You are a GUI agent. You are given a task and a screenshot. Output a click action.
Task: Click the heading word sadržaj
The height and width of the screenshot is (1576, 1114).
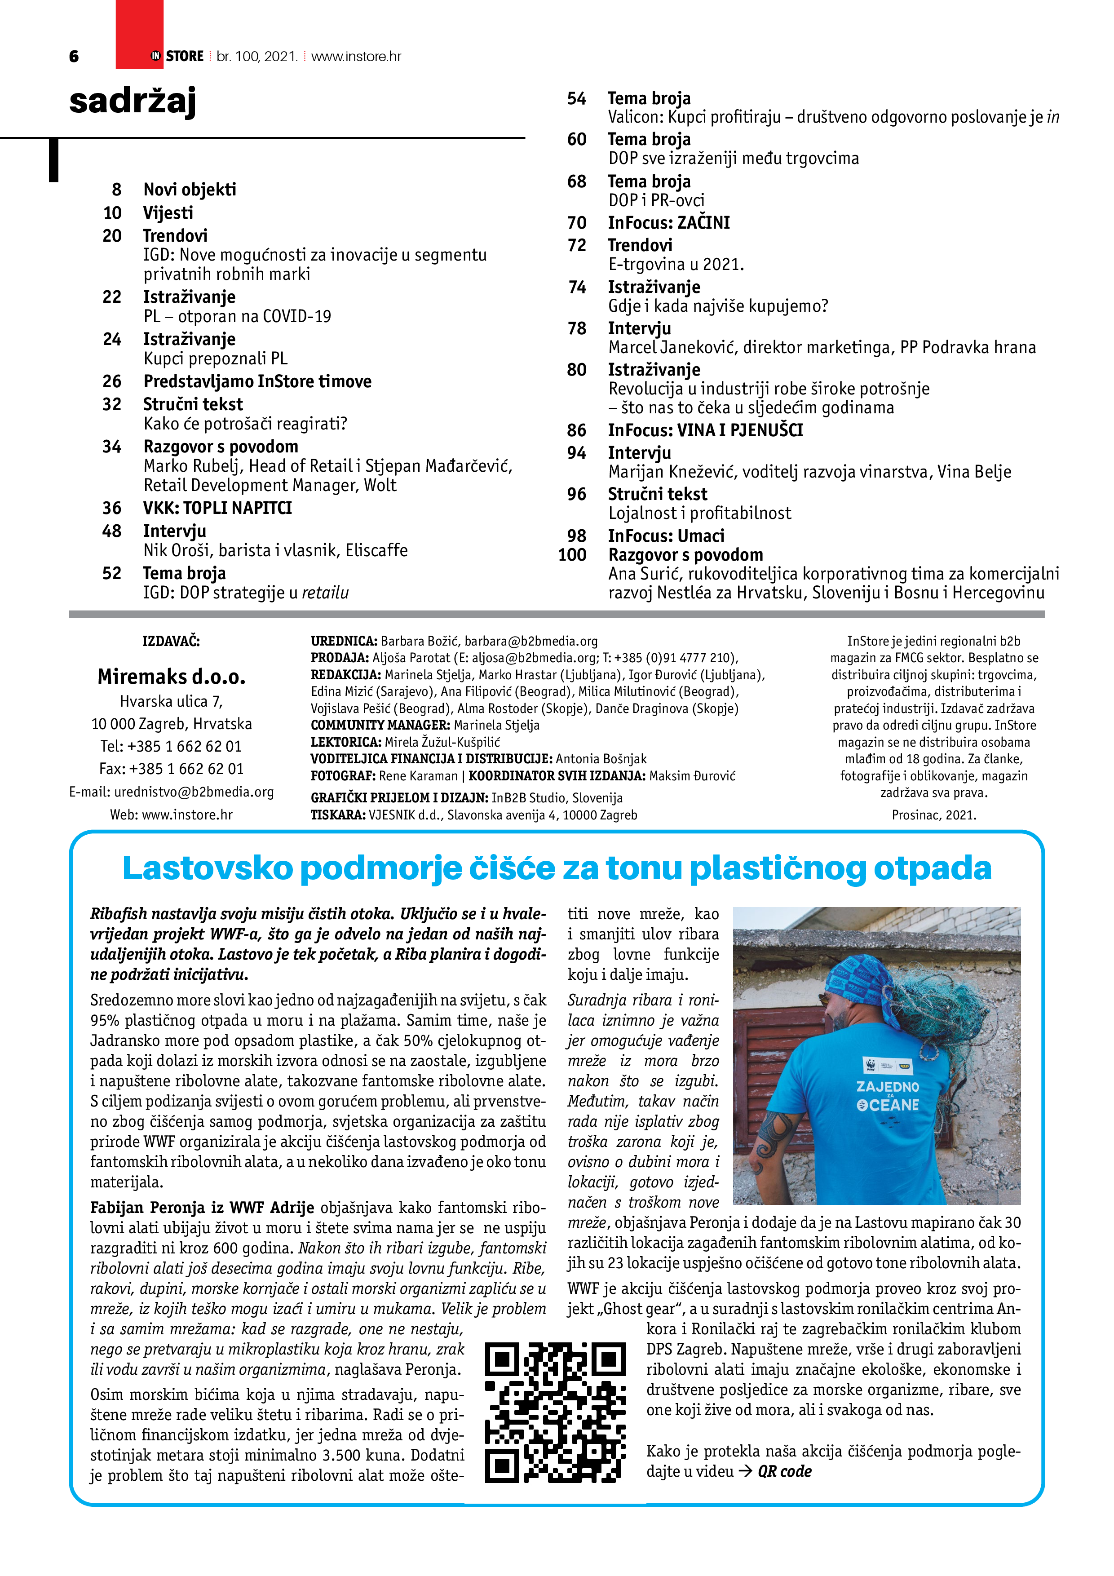(133, 102)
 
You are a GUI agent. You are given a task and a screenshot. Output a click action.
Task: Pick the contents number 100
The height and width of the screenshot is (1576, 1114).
(572, 555)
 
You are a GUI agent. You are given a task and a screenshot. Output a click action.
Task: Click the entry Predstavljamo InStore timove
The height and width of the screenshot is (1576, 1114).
(257, 381)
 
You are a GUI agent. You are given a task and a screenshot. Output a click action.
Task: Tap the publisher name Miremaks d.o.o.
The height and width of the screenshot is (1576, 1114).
(172, 677)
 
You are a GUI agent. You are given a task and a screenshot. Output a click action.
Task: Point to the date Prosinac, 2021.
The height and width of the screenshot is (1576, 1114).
(933, 815)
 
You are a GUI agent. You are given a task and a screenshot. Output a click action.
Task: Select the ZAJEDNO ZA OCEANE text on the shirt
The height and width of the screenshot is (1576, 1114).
(888, 1096)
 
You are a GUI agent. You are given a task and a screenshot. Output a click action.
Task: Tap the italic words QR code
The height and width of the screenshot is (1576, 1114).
(785, 1472)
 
